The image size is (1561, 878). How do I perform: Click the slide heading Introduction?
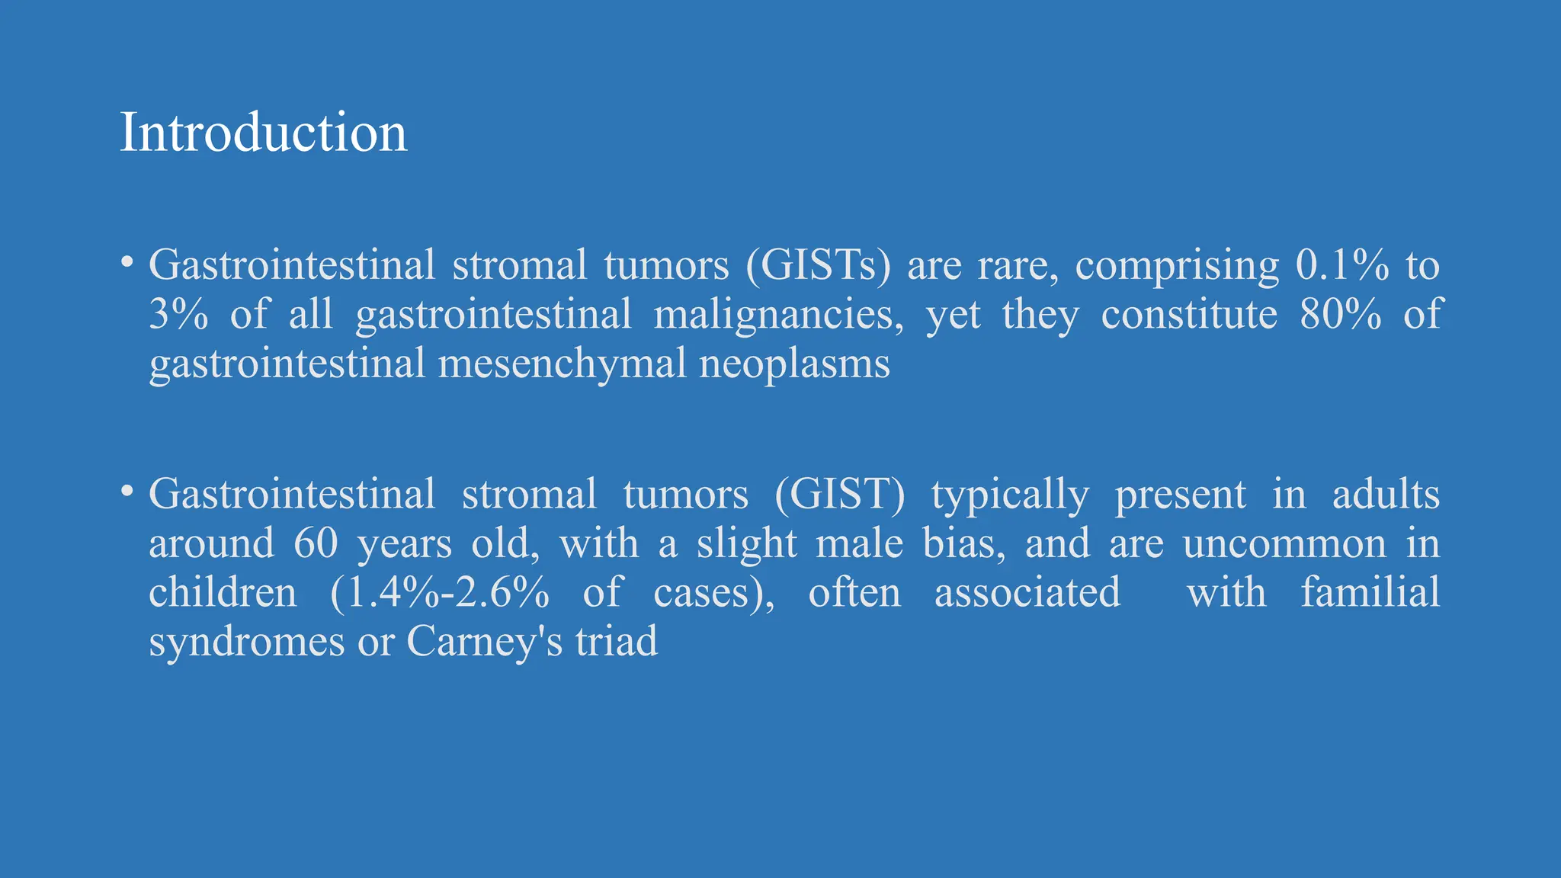point(263,133)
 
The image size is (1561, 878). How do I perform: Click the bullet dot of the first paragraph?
point(127,263)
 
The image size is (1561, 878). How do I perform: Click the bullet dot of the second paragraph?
point(127,492)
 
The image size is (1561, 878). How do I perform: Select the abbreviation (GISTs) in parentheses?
point(818,266)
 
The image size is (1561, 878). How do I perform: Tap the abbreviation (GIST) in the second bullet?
point(840,495)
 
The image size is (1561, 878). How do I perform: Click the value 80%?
point(1341,315)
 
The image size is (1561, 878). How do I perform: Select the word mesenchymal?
point(563,364)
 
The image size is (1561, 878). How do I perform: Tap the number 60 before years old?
point(316,544)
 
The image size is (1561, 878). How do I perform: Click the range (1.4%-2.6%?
point(440,593)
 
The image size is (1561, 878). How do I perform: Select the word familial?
point(1370,592)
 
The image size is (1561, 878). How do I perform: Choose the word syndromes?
point(246,642)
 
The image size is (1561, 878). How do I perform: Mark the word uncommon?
point(1284,544)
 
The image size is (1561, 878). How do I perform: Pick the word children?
point(223,592)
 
